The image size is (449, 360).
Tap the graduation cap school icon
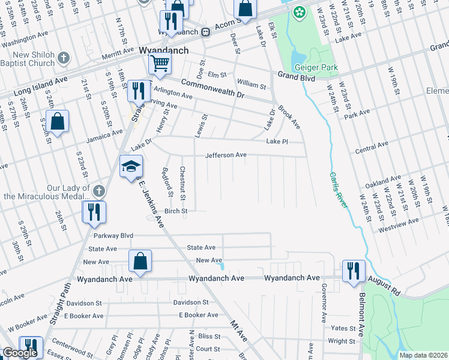[x=130, y=167]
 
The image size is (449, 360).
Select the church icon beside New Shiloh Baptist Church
[x=64, y=58]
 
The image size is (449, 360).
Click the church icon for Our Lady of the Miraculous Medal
[x=99, y=191]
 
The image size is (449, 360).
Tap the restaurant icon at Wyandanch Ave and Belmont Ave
[x=354, y=271]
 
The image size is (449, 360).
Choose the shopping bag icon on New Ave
[x=140, y=262]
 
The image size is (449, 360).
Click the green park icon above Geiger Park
[x=298, y=12]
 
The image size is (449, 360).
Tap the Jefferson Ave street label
[x=226, y=155]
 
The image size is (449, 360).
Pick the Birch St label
[x=176, y=211]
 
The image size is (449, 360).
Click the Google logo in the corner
[x=20, y=353]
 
